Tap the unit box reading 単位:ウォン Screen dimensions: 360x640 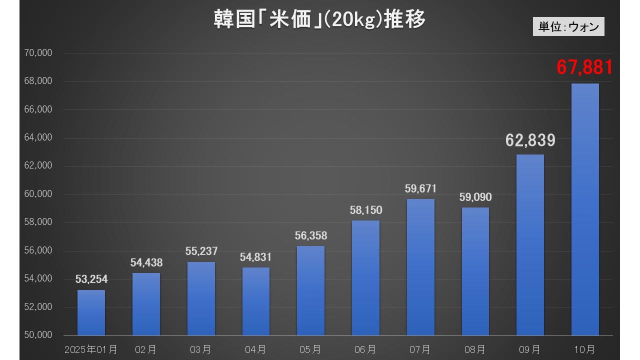point(568,26)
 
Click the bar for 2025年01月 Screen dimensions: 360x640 point(91,312)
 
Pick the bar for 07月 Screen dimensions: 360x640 point(420,267)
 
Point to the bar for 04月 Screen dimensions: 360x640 point(256,301)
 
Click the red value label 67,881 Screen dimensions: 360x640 point(584,67)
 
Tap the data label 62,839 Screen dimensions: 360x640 point(530,140)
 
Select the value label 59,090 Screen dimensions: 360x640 point(475,197)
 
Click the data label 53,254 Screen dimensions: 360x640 point(91,279)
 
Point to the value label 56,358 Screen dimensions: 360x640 point(311,235)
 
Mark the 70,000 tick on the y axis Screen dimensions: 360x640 point(38,53)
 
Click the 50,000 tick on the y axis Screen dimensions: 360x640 point(38,335)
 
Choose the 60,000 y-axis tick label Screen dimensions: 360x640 point(38,194)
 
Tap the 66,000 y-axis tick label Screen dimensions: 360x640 point(38,109)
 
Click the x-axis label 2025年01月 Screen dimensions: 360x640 point(91,349)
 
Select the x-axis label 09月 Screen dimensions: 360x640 point(530,349)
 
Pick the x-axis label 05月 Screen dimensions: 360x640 point(310,349)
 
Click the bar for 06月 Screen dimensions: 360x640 point(365,277)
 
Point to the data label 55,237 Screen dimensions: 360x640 point(201,251)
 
